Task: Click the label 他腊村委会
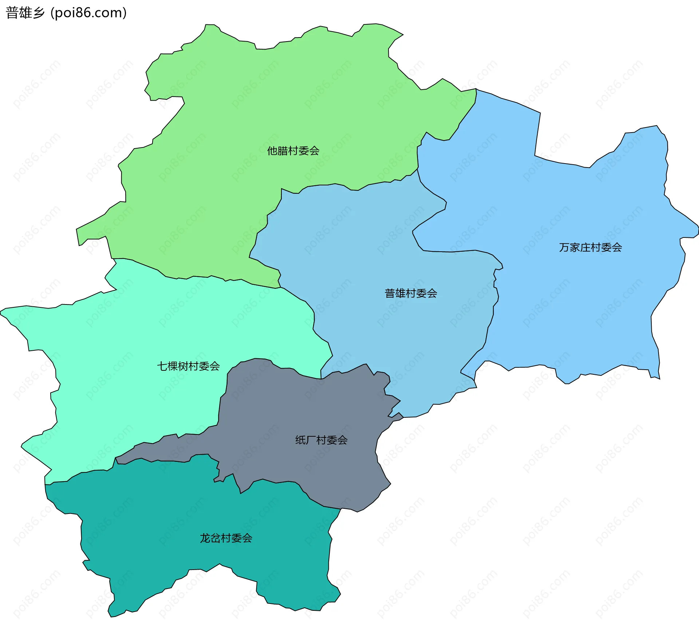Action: click(x=293, y=151)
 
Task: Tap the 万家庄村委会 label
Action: click(x=590, y=248)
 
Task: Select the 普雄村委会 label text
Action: click(x=411, y=294)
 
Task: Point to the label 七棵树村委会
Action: click(x=188, y=366)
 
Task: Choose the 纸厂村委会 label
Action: click(x=321, y=440)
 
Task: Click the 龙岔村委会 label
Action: click(x=226, y=538)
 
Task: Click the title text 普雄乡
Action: click(x=25, y=13)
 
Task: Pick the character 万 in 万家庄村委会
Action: click(x=564, y=248)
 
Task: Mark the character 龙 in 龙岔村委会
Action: click(x=205, y=538)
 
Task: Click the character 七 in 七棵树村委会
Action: click(x=162, y=366)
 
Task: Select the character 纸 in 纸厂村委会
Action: click(x=300, y=440)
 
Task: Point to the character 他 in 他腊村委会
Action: click(x=272, y=151)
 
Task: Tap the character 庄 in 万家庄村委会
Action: click(x=585, y=248)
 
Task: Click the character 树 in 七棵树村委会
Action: click(x=183, y=366)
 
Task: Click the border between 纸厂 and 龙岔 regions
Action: click(x=277, y=482)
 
